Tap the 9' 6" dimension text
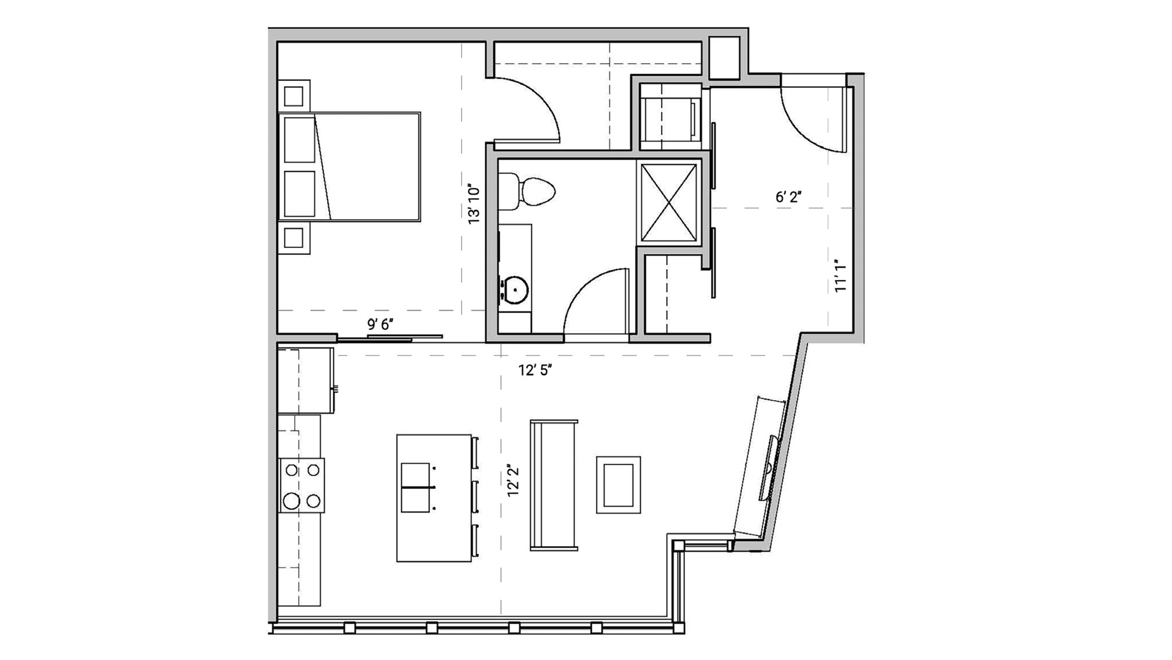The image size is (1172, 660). pyautogui.click(x=380, y=324)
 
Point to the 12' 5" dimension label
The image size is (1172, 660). pyautogui.click(x=534, y=370)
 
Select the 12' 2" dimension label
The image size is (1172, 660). pyautogui.click(x=513, y=481)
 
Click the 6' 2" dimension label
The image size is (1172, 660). pyautogui.click(x=788, y=198)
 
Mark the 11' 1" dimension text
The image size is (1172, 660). pyautogui.click(x=840, y=276)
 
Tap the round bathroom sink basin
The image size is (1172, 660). pyautogui.click(x=515, y=290)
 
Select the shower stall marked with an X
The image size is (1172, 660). pyautogui.click(x=669, y=203)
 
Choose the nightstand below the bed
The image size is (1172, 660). pyautogui.click(x=294, y=238)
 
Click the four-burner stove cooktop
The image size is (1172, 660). pyautogui.click(x=302, y=485)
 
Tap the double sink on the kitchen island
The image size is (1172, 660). pyautogui.click(x=417, y=488)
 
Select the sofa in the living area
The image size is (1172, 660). pyautogui.click(x=553, y=485)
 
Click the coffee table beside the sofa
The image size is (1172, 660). pyautogui.click(x=618, y=485)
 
